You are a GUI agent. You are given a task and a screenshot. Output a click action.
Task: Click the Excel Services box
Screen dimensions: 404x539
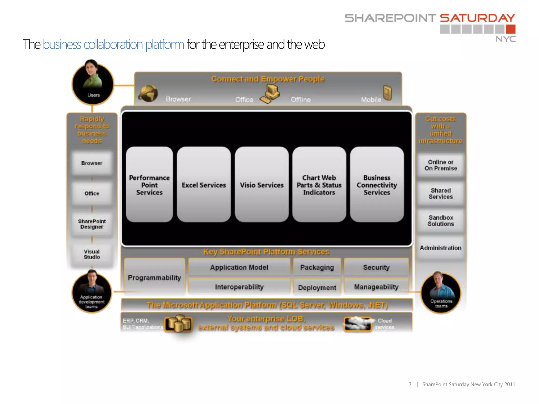(204, 185)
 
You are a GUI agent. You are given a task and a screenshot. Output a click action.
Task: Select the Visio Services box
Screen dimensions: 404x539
(262, 185)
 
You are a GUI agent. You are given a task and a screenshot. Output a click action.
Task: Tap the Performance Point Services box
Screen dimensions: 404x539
(149, 185)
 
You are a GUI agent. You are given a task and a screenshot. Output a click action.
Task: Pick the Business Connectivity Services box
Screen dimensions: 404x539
(377, 185)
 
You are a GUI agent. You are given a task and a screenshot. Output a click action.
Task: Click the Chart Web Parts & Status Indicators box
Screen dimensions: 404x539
(319, 185)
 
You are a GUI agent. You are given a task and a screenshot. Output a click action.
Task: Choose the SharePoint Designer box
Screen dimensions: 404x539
(92, 224)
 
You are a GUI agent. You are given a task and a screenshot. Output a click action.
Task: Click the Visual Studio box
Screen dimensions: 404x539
(92, 254)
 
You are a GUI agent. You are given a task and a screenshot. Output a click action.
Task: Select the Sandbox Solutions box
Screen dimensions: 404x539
(441, 221)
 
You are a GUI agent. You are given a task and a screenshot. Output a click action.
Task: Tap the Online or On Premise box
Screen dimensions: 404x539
(441, 165)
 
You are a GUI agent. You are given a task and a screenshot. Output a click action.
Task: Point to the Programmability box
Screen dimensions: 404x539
(154, 277)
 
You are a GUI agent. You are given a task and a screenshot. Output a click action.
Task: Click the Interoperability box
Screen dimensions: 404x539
(239, 287)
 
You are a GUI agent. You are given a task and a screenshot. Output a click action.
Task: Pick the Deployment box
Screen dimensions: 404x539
(317, 287)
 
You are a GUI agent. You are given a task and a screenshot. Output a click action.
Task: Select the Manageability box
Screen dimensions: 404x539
(376, 287)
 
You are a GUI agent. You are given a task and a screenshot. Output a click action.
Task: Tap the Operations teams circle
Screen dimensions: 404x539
(441, 293)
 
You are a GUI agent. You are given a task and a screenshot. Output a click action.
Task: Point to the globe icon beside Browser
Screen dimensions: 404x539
(148, 93)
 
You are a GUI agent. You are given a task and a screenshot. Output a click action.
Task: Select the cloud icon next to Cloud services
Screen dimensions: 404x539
(357, 324)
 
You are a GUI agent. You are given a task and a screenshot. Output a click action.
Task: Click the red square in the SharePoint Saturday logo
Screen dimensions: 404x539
(511, 29)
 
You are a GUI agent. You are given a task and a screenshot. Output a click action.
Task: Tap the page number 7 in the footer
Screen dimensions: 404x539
(410, 384)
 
